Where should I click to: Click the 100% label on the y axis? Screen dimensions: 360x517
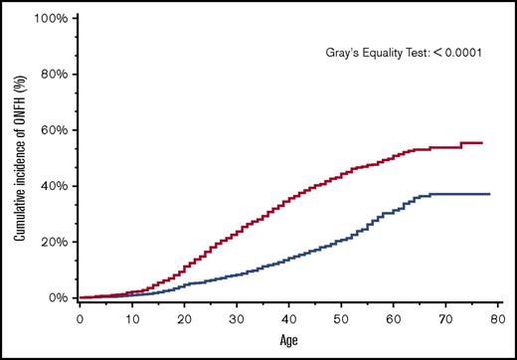click(50, 18)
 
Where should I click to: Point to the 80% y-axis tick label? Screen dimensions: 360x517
click(53, 74)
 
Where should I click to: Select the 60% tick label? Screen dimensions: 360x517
click(53, 130)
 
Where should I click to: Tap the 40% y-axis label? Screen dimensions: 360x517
click(53, 186)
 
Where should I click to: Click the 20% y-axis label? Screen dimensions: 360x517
click(53, 242)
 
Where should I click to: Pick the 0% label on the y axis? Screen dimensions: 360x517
click(57, 297)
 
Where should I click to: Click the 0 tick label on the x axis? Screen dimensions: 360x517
click(80, 320)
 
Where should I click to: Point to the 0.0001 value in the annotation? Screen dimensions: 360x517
click(460, 52)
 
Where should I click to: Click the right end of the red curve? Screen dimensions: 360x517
click(482, 143)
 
